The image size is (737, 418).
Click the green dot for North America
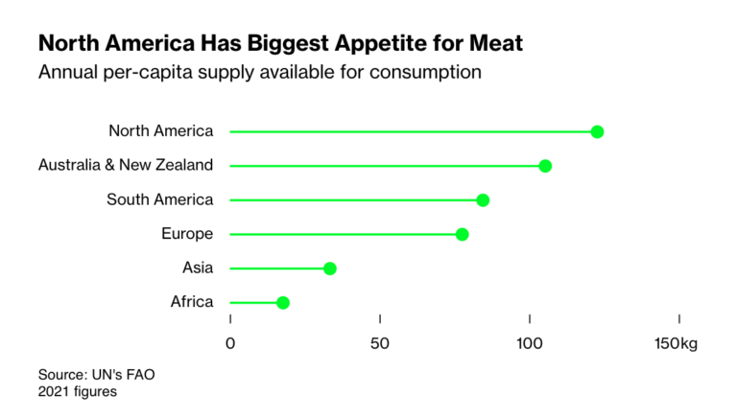[597, 131]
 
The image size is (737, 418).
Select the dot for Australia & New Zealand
[545, 166]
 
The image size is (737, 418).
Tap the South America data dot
[483, 200]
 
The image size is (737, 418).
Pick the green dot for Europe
[462, 235]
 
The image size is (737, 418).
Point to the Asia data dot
[330, 268]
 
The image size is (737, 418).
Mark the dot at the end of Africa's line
[283, 303]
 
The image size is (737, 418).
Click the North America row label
[161, 131]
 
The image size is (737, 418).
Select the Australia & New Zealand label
[126, 166]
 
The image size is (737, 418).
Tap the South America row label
[160, 200]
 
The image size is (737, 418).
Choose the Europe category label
[188, 234]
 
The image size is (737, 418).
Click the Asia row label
[198, 268]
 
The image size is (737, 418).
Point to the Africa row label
[192, 303]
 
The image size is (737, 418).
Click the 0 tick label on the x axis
[230, 344]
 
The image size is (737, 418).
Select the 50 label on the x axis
[380, 344]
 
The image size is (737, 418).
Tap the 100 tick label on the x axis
[530, 344]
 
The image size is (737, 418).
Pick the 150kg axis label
[677, 344]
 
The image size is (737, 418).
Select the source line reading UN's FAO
[96, 375]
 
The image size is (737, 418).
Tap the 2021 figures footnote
[78, 391]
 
